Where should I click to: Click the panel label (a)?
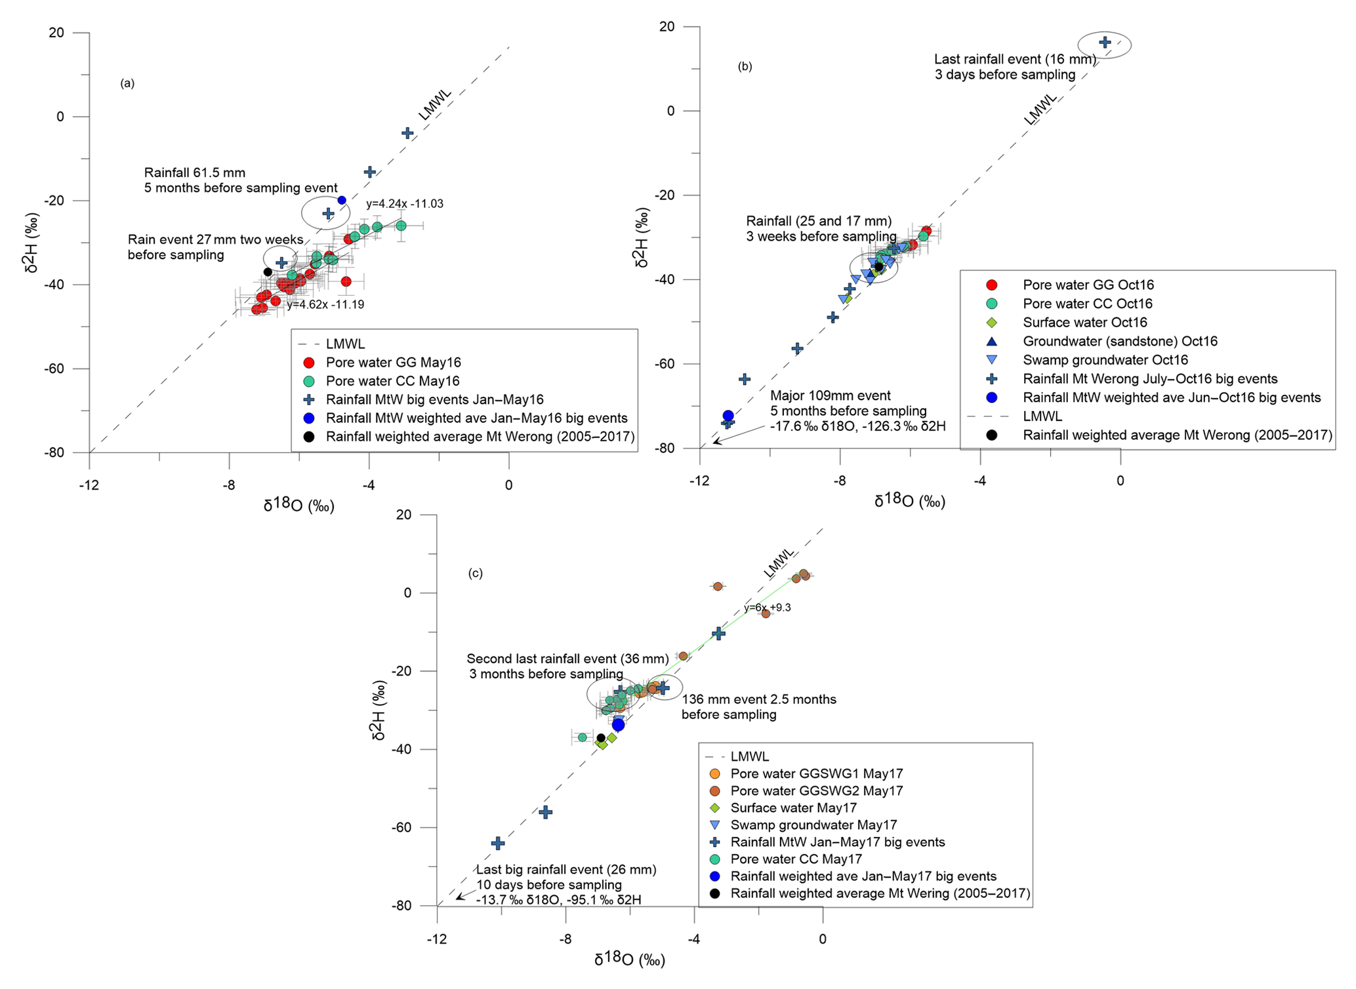[x=127, y=83]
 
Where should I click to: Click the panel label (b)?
[x=745, y=66]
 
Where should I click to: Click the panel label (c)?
[x=475, y=573]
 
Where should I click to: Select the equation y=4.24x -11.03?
[x=404, y=204]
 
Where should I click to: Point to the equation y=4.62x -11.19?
[x=325, y=304]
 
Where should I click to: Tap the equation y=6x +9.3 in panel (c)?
[x=767, y=608]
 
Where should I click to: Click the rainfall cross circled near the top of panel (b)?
[x=1105, y=43]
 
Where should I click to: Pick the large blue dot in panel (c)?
[x=618, y=725]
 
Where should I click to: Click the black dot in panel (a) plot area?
[x=268, y=272]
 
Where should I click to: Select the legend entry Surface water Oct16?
[x=1084, y=323]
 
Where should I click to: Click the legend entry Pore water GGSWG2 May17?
[x=816, y=791]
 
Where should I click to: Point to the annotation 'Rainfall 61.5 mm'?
[x=195, y=173]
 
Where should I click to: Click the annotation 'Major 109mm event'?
[x=830, y=396]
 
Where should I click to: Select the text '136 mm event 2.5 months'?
[x=759, y=700]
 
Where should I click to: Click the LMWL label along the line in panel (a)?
[x=435, y=104]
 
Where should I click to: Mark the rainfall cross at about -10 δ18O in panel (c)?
[x=498, y=843]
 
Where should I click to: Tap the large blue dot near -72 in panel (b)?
[x=728, y=416]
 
